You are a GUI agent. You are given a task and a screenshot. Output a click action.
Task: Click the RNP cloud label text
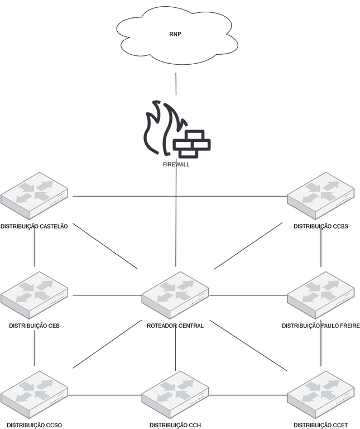click(176, 34)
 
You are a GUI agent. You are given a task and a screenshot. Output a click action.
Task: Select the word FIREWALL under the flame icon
click(176, 165)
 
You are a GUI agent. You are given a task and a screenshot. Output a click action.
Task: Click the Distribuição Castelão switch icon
click(34, 196)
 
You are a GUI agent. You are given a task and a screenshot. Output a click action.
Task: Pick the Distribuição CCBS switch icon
click(321, 196)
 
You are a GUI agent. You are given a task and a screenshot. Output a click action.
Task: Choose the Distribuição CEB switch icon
click(34, 295)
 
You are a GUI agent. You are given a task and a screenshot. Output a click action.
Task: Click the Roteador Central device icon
click(175, 295)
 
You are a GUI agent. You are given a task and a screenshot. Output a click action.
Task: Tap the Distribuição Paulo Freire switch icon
click(321, 295)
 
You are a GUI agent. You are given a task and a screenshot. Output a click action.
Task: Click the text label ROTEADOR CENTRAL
click(175, 326)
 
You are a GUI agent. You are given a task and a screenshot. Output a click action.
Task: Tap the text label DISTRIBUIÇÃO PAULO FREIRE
click(321, 326)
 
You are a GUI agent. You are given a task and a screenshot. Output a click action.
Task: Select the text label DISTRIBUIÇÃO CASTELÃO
click(35, 226)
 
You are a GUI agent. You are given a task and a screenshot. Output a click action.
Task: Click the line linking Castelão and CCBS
click(179, 196)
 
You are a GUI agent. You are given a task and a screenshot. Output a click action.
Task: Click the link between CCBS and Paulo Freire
click(321, 249)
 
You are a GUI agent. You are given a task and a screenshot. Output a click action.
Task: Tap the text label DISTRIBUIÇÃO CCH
click(175, 426)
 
